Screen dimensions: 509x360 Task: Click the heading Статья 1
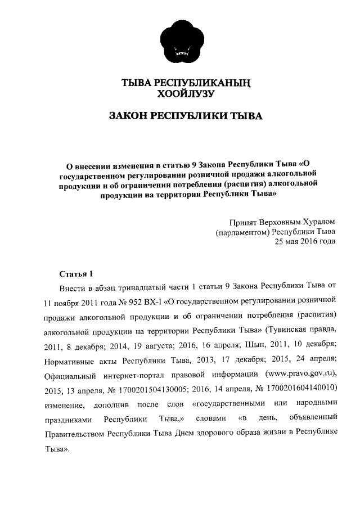(75, 274)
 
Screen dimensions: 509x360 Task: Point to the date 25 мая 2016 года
(304, 242)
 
